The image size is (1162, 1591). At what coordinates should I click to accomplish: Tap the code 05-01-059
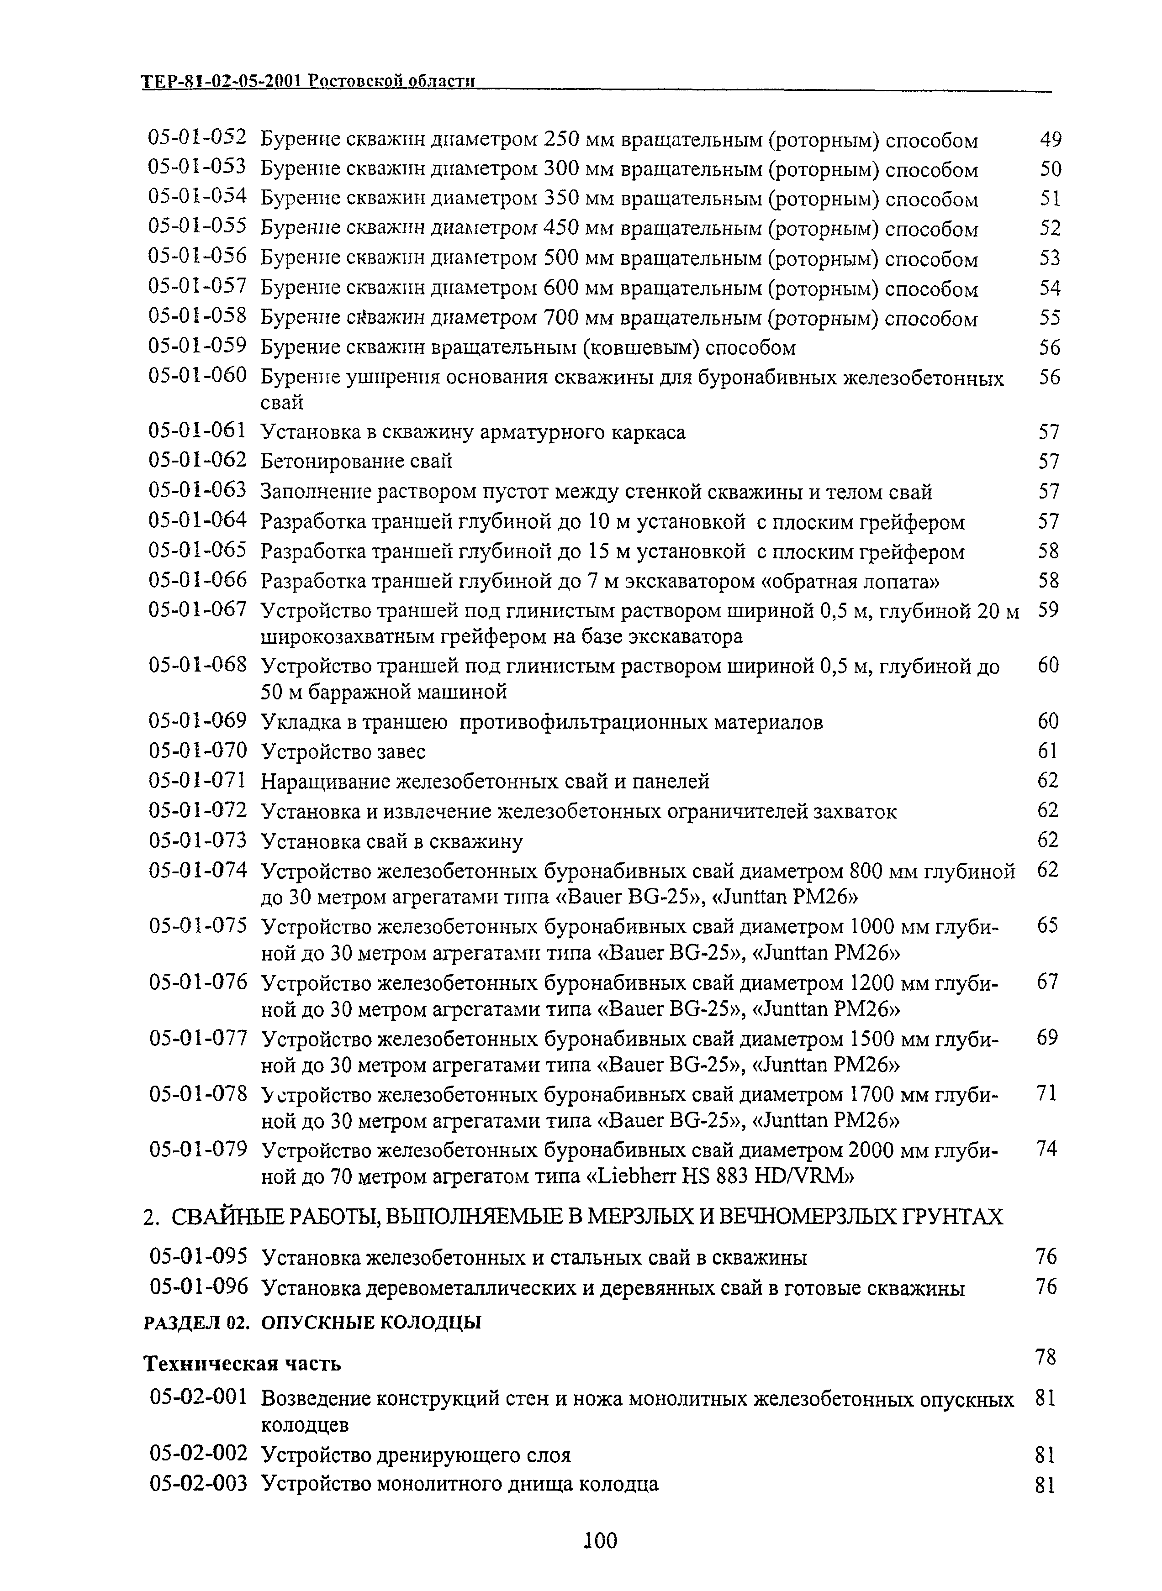pyautogui.click(x=198, y=345)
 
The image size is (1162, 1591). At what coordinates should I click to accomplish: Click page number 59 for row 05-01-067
pyautogui.click(x=1048, y=609)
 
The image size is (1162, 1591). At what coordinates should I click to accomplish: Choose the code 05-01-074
pyautogui.click(x=198, y=871)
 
